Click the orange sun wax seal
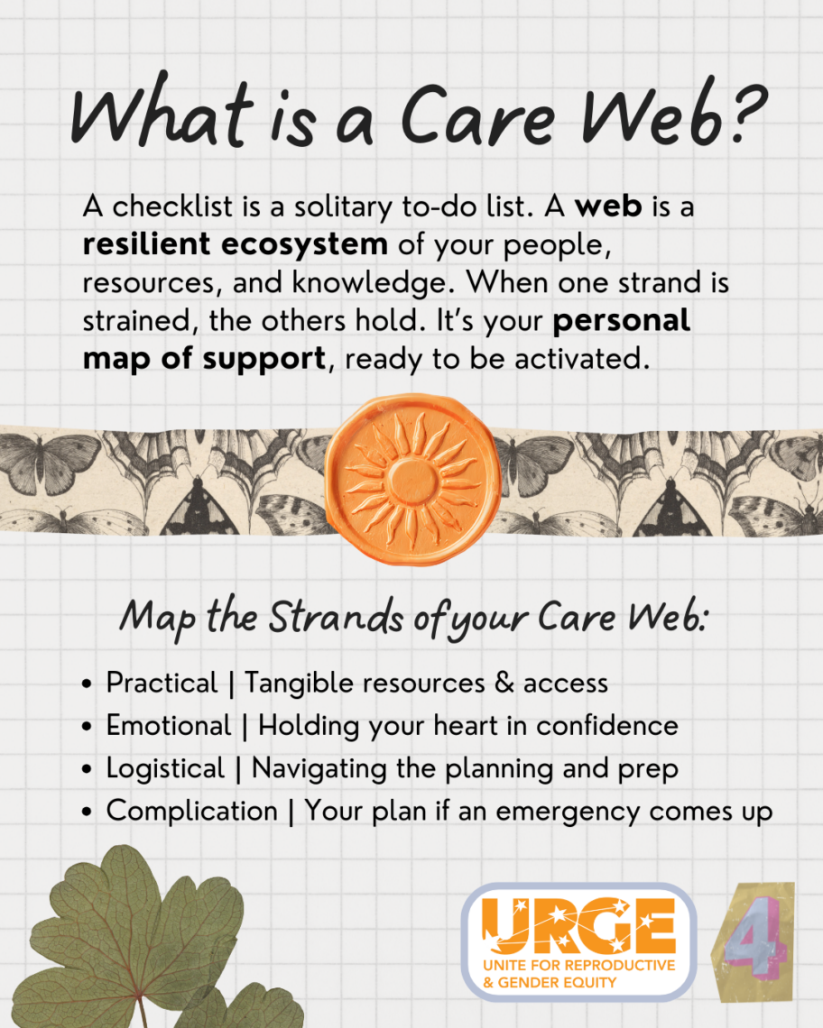point(412,480)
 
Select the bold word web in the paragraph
point(608,207)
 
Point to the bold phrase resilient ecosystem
point(235,243)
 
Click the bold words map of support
point(204,359)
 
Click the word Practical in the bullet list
point(162,684)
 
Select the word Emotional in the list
point(169,726)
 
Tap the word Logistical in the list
point(165,769)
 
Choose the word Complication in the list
point(191,812)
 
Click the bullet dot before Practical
point(87,684)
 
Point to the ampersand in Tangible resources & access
point(504,684)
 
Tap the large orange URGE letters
point(578,926)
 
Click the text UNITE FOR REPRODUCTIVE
point(578,965)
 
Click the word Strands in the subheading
point(336,618)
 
